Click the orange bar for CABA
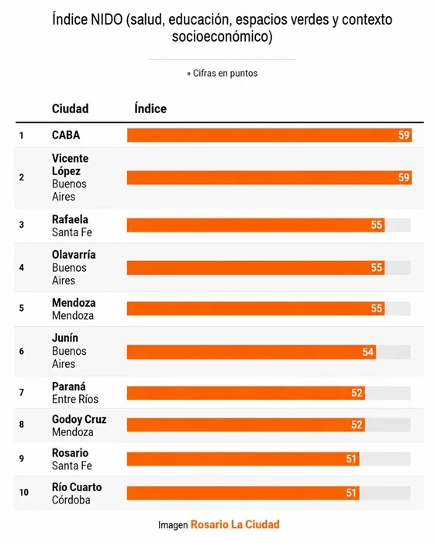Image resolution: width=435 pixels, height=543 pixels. (x=269, y=135)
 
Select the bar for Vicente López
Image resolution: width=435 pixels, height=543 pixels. (x=269, y=177)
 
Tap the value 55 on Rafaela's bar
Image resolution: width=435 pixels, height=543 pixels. (x=376, y=225)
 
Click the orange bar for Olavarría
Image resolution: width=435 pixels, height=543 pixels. (x=256, y=268)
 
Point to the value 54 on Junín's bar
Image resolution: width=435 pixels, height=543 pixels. (x=368, y=352)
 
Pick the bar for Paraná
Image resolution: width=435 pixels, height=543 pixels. (x=246, y=393)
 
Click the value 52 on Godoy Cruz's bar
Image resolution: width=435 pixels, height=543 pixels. (x=357, y=424)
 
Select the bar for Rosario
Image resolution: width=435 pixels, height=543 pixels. (x=243, y=459)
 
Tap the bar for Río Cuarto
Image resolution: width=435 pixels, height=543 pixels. (x=243, y=493)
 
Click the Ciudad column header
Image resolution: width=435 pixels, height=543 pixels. (x=71, y=108)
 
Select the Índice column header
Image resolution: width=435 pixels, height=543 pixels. (x=150, y=108)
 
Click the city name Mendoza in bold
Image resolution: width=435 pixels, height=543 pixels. (x=74, y=303)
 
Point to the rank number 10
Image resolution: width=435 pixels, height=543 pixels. (x=24, y=493)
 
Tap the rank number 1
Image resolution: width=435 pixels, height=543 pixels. (x=22, y=136)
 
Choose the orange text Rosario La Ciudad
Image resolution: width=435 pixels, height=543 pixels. (x=235, y=524)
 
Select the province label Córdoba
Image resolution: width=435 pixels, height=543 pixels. (x=71, y=500)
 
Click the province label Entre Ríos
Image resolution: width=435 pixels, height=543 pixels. (x=75, y=399)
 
